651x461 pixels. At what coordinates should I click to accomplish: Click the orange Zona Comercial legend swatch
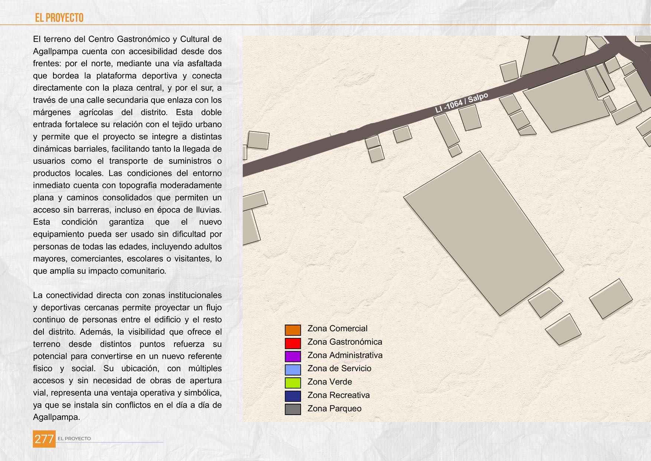click(292, 330)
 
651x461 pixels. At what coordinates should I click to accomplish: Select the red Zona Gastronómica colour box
click(292, 343)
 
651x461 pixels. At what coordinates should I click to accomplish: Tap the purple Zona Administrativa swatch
click(292, 357)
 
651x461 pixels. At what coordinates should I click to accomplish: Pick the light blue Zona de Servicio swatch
click(292, 370)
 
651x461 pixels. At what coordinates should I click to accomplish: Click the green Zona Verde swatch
click(292, 383)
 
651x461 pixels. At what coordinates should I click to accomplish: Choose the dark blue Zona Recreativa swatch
click(292, 396)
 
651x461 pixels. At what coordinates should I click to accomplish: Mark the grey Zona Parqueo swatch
click(292, 409)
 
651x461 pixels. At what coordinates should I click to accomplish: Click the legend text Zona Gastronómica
click(344, 342)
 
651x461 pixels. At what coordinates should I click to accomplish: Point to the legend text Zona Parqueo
click(334, 409)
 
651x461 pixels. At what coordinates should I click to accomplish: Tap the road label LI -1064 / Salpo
click(461, 103)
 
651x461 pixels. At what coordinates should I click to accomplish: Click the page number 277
click(44, 439)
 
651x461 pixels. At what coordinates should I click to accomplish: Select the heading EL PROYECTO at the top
click(59, 18)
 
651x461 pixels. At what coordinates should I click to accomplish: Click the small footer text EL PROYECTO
click(74, 439)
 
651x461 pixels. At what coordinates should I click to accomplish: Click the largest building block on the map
click(484, 233)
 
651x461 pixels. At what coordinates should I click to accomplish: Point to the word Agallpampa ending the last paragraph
click(56, 417)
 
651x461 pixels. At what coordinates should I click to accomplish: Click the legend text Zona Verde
click(329, 382)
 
